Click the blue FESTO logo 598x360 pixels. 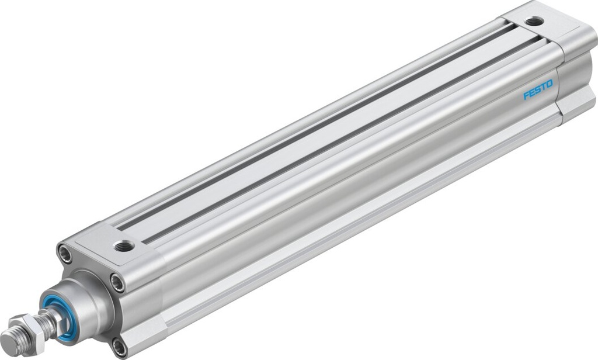[x=538, y=92]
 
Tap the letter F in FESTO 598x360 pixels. [x=526, y=96]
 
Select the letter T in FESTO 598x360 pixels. [x=543, y=89]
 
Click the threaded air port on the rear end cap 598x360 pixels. [x=534, y=21]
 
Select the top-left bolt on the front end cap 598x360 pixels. [x=64, y=254]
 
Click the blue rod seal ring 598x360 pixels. [x=61, y=319]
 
